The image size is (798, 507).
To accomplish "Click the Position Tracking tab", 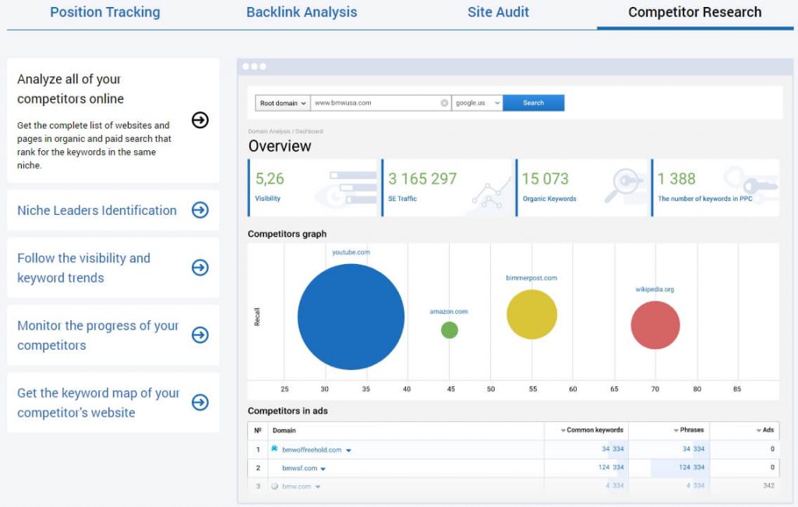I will coord(104,12).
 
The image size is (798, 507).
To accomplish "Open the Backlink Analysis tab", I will coord(302,12).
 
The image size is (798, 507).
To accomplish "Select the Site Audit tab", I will coord(498,12).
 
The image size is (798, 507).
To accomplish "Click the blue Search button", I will coord(533,103).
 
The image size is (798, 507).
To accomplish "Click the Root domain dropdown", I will coord(282,103).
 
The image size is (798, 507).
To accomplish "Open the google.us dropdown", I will coord(476,103).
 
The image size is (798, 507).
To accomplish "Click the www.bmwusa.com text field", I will coord(374,103).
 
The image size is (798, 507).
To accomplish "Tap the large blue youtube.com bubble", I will coord(351,316).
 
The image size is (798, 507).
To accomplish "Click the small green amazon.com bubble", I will coord(449,330).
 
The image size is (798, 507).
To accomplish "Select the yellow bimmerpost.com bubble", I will coord(531,315).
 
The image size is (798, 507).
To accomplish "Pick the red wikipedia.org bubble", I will coord(655,325).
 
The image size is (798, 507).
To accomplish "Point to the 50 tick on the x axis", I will coord(490,389).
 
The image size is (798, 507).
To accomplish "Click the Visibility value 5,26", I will coord(270,179).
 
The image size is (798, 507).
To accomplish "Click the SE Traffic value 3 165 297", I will coord(422,179).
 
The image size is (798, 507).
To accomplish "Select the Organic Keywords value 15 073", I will coord(545,179).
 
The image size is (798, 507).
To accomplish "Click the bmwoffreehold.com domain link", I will coord(312,449).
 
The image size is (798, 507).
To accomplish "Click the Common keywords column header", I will coord(594,430).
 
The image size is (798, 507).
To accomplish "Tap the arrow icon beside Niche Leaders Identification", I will coord(200,210).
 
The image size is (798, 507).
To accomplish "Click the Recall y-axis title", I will coord(257,316).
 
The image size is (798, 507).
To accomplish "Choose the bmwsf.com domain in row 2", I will coord(299,468).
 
